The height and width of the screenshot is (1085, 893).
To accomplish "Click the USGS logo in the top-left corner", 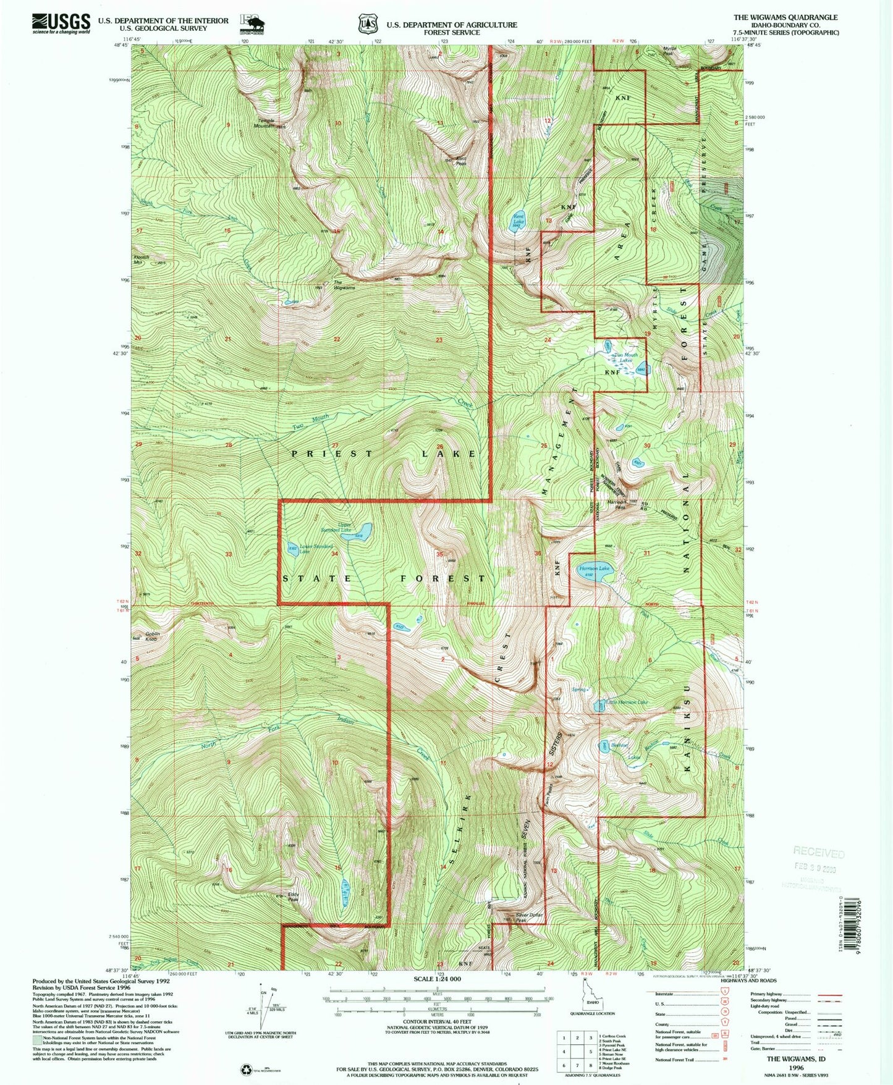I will (x=61, y=23).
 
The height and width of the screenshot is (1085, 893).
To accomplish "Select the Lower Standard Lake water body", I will (x=292, y=549).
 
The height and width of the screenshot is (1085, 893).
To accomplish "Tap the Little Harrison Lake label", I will (x=627, y=703).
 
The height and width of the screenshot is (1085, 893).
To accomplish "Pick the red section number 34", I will (x=334, y=554).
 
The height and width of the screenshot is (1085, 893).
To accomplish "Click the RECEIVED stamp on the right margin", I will (x=818, y=853).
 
